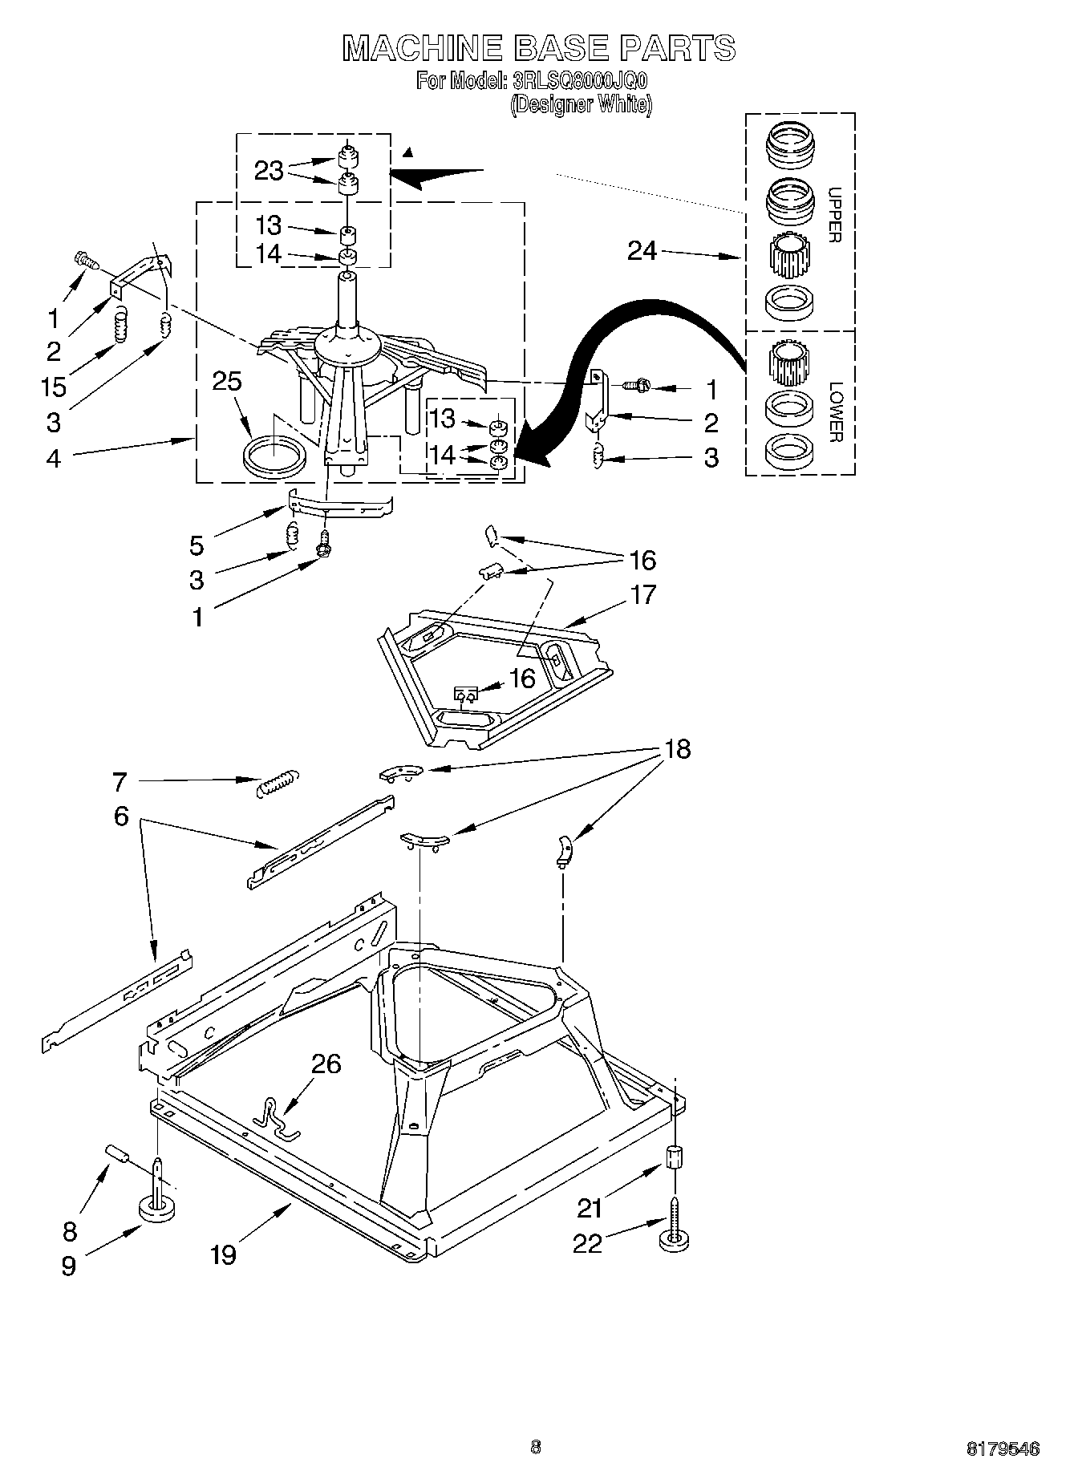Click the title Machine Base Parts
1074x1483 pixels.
pos(538,48)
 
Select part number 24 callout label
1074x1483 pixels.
pos(642,252)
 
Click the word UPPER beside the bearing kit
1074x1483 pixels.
pos(833,215)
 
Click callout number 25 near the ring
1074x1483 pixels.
pos(227,381)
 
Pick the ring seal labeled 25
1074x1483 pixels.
pos(274,456)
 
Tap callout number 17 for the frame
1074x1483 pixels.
pos(642,594)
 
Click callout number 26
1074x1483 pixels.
pos(326,1064)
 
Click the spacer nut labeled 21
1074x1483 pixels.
pos(675,1159)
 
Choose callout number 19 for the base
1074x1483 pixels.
pos(223,1254)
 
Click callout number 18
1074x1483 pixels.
pos(677,749)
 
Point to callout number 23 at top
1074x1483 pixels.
pos(269,170)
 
